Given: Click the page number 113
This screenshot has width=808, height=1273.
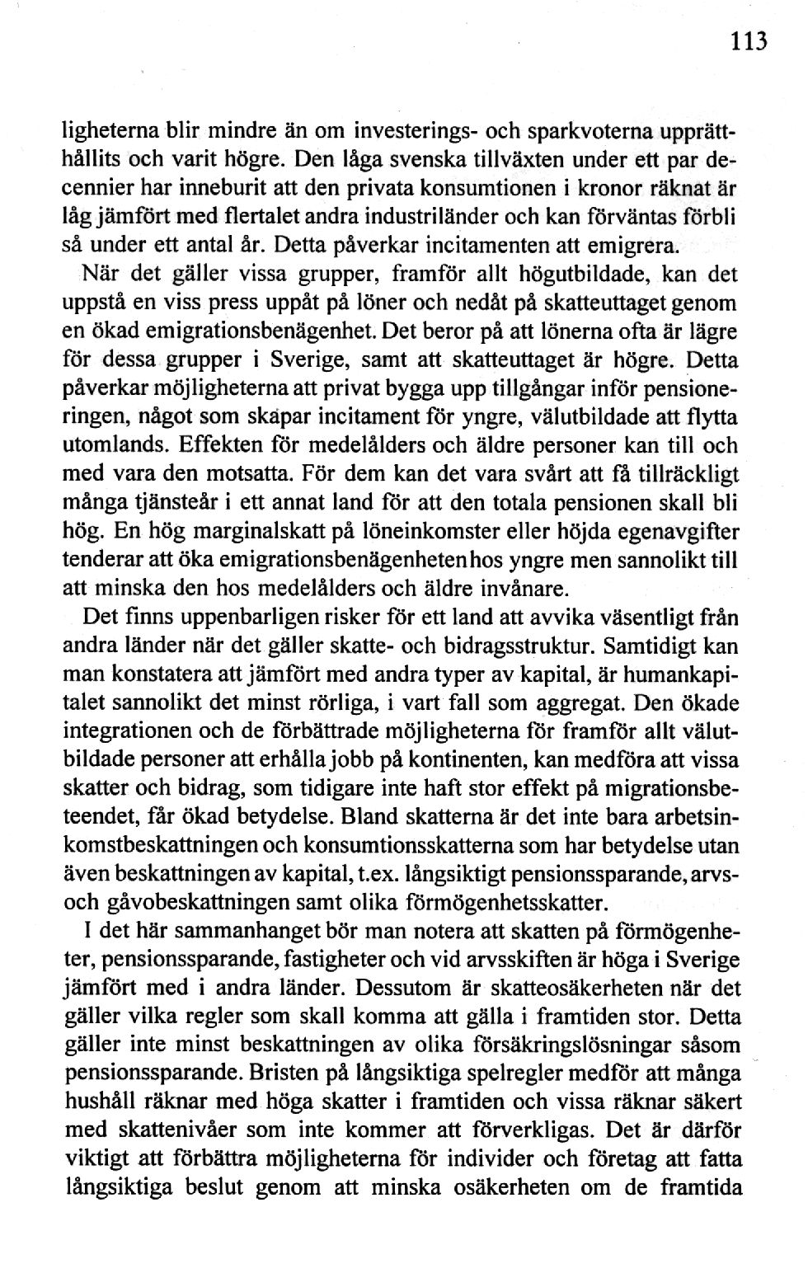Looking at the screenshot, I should point(747,41).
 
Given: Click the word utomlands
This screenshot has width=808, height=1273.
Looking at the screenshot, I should point(111,445).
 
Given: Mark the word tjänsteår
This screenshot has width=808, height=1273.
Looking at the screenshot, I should point(163,504).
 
